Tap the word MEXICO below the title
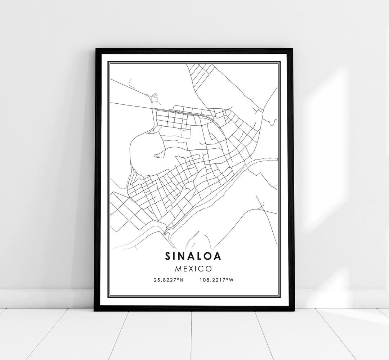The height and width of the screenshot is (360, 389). pos(194,268)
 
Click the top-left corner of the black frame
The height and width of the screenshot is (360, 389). pos(95,49)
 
